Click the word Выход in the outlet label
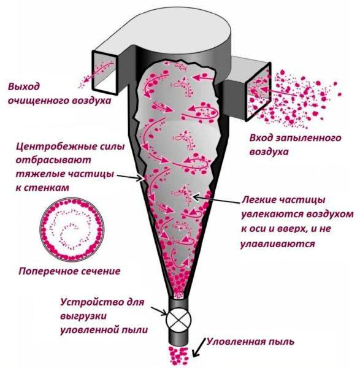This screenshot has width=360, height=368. pyautogui.click(x=24, y=86)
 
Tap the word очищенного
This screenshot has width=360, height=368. pyautogui.click(x=38, y=101)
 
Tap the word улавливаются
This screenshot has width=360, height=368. pyautogui.click(x=277, y=244)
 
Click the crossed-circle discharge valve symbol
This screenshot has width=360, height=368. pyautogui.click(x=179, y=319)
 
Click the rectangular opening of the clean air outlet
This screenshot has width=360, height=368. pyautogui.click(x=105, y=72)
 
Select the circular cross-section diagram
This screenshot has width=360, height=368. pyautogui.click(x=72, y=229)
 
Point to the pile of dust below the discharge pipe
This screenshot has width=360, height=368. pyautogui.click(x=178, y=355)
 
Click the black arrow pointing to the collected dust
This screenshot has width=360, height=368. pyautogui.click(x=199, y=348)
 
